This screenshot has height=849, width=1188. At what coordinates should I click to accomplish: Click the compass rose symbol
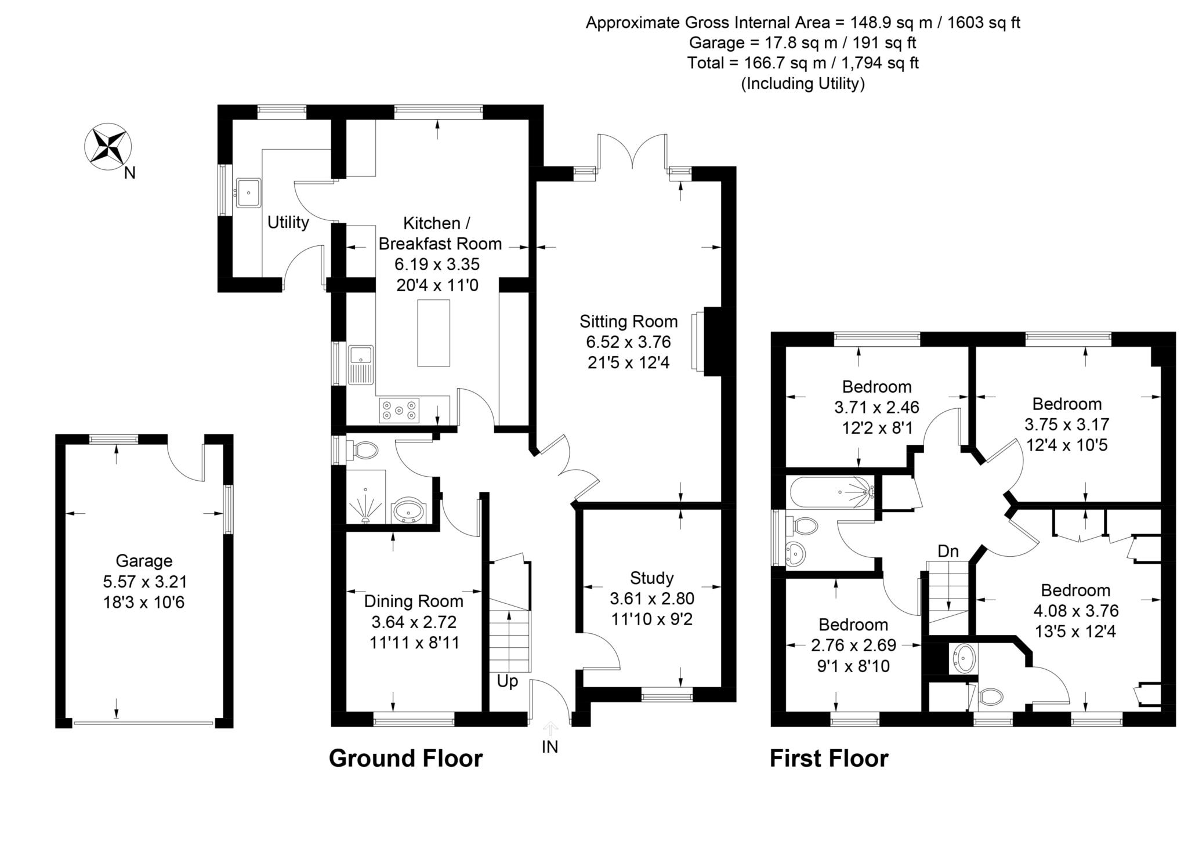(108, 147)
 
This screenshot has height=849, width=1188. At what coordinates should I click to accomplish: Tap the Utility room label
(288, 222)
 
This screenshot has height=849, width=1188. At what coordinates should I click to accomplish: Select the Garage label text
(144, 561)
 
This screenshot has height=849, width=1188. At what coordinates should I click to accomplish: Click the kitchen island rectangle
(433, 333)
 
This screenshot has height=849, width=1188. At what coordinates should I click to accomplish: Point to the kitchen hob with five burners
(399, 411)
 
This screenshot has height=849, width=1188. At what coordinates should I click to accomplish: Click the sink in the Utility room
(248, 193)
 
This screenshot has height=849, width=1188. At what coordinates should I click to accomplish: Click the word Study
(652, 578)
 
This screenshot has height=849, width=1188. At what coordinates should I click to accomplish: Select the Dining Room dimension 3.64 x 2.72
(414, 622)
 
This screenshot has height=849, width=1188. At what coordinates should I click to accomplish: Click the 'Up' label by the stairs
(507, 682)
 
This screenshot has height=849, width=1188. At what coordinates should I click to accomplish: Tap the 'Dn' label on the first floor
(948, 551)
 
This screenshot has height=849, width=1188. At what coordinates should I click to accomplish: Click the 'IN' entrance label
(550, 747)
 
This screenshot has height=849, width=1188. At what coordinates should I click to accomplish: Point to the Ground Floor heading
(405, 759)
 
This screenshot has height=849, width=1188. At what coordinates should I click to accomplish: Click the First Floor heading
(829, 759)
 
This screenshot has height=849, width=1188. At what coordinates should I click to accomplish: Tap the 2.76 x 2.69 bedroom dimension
(853, 645)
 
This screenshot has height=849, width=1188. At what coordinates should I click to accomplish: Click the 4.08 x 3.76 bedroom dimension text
(1076, 611)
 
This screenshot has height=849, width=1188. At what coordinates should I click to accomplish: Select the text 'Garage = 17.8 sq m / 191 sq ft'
(803, 43)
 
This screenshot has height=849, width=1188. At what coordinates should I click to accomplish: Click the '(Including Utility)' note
(803, 84)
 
